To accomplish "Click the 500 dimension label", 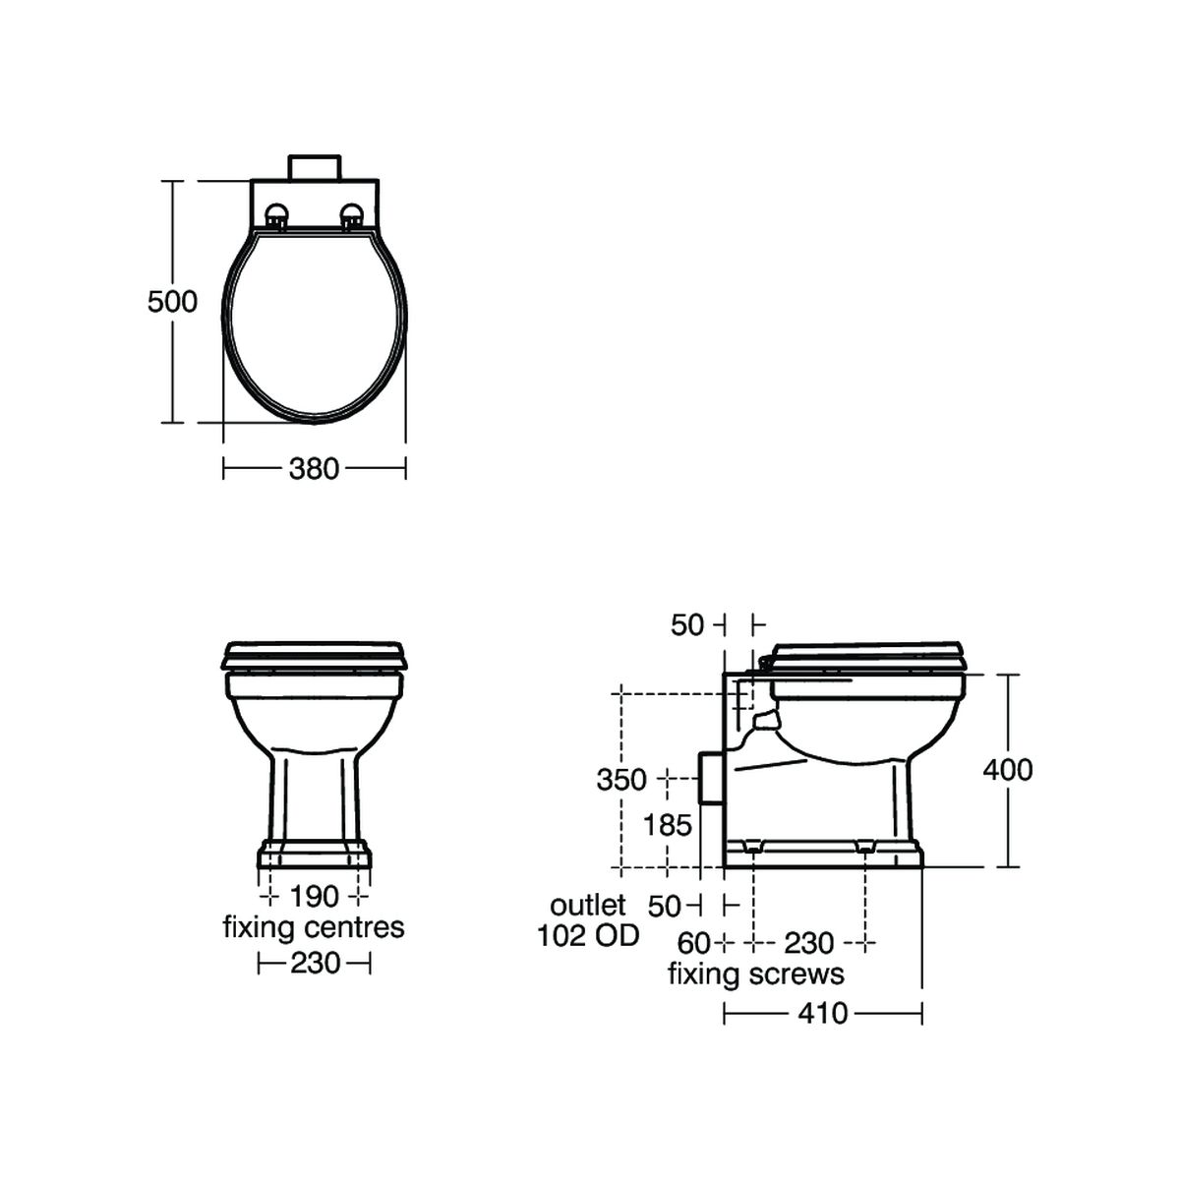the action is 172,301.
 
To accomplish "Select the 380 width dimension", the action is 314,469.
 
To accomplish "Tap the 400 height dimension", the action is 1008,770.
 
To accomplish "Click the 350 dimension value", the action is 621,780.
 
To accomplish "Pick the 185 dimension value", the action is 668,825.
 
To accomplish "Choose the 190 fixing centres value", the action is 314,897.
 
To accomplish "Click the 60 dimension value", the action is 693,944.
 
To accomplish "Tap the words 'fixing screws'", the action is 755,973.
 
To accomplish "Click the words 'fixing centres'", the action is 314,927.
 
